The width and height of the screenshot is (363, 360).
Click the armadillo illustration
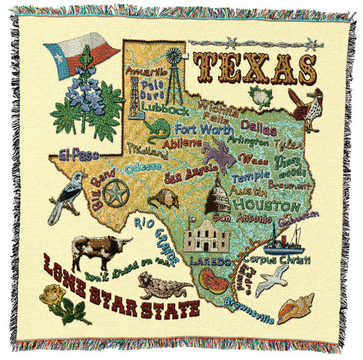click(x=162, y=197)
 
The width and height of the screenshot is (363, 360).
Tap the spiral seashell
click(x=296, y=308)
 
